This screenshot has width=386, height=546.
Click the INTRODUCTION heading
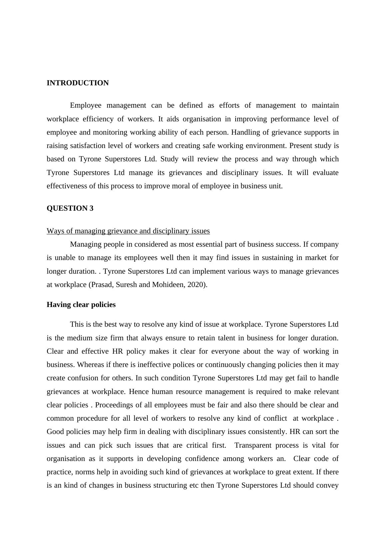point(77,83)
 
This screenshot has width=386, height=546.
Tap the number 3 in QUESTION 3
point(91,208)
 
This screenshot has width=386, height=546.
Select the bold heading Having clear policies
point(81,305)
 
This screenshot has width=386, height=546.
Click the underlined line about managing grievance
point(128,231)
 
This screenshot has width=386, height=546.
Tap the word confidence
point(202,459)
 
